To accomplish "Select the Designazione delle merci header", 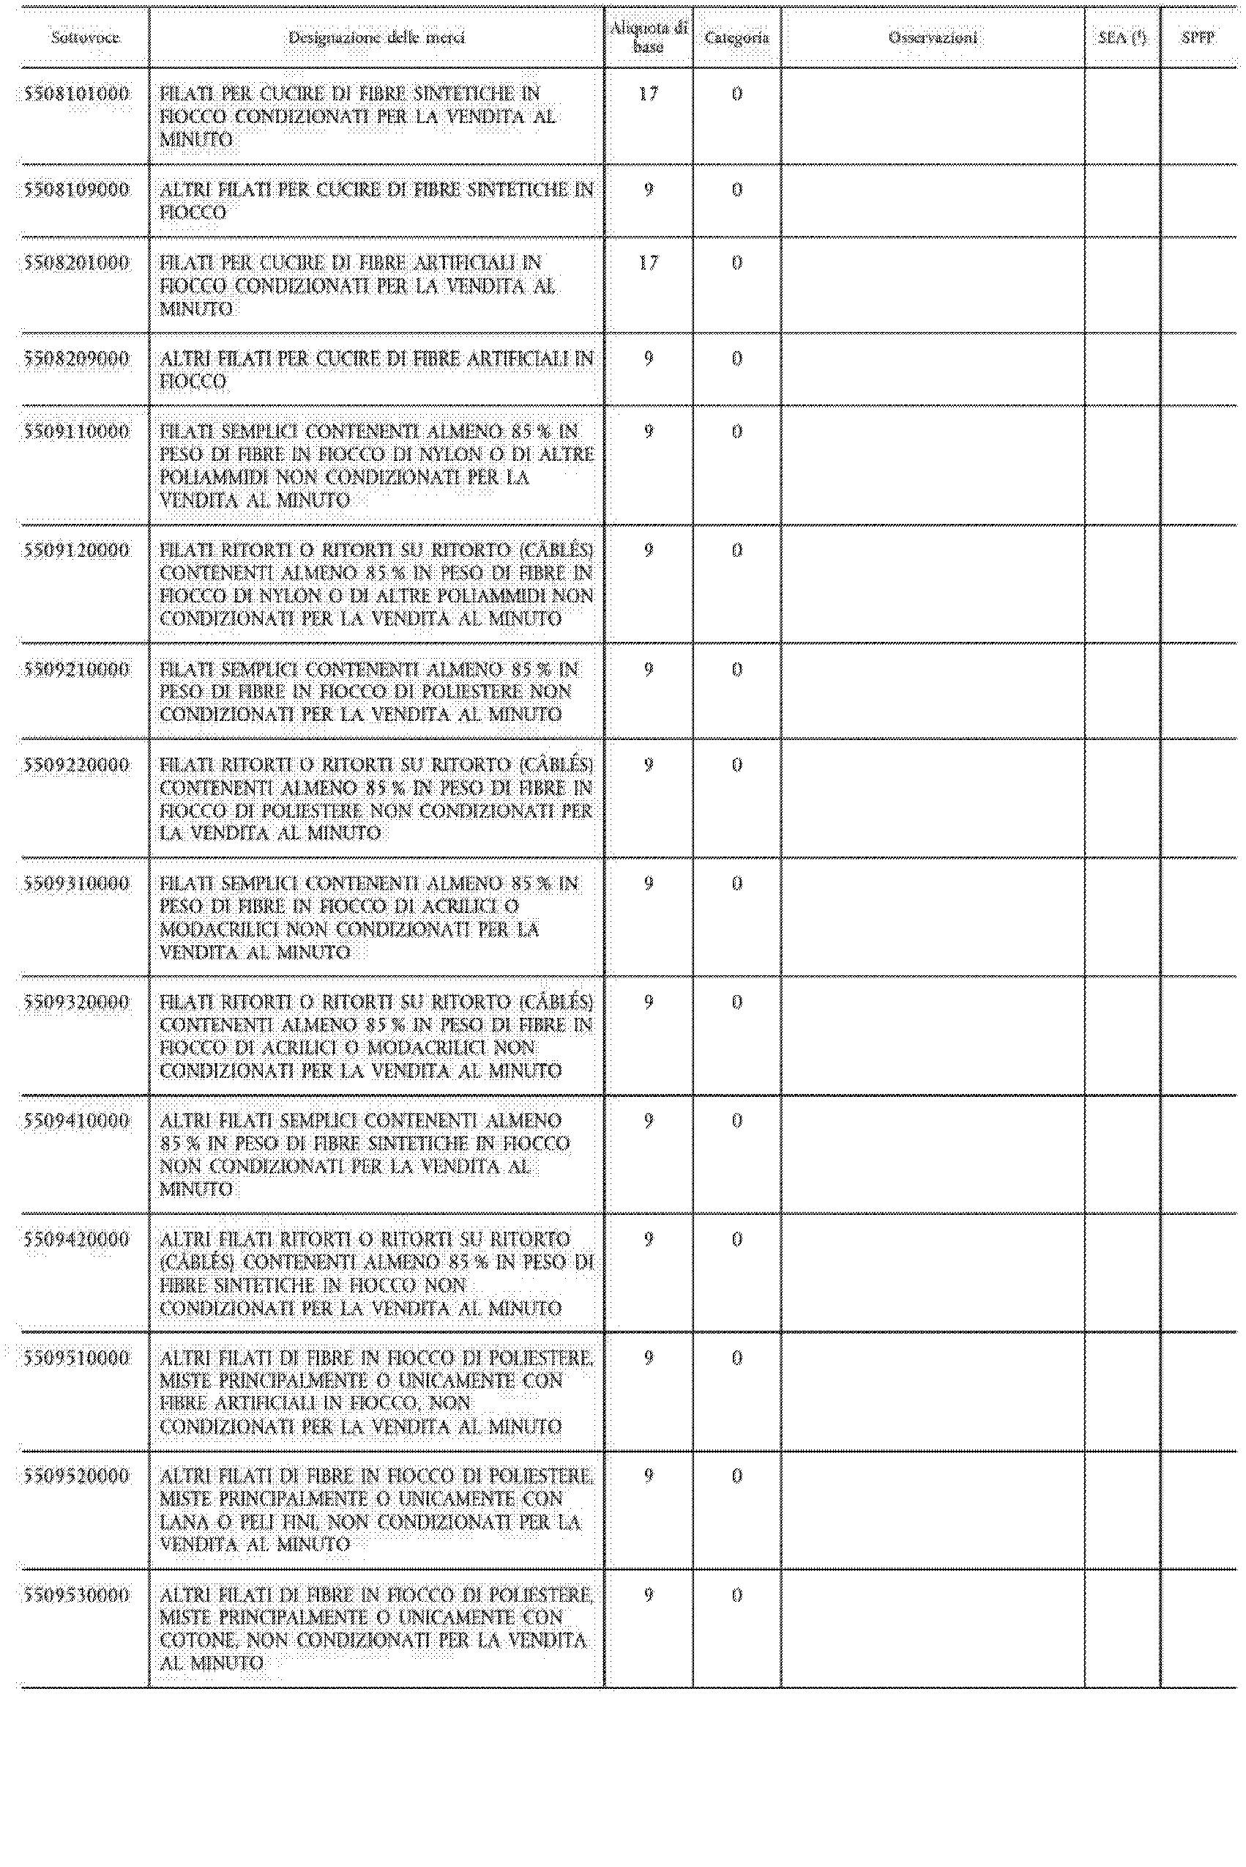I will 376,37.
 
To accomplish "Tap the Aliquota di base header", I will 649,38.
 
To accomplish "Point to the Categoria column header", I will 736,37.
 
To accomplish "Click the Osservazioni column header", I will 933,37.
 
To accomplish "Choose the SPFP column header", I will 1198,37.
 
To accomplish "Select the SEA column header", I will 1122,37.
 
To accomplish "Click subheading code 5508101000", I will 76,94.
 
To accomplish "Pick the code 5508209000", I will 76,358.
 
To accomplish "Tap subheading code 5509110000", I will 76,432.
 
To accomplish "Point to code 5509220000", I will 76,765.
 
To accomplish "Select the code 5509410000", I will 76,1120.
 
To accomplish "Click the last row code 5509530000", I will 76,1595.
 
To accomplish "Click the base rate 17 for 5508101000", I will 649,94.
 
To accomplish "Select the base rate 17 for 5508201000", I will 649,262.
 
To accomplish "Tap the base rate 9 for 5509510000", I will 649,1357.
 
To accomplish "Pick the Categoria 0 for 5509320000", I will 736,1002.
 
